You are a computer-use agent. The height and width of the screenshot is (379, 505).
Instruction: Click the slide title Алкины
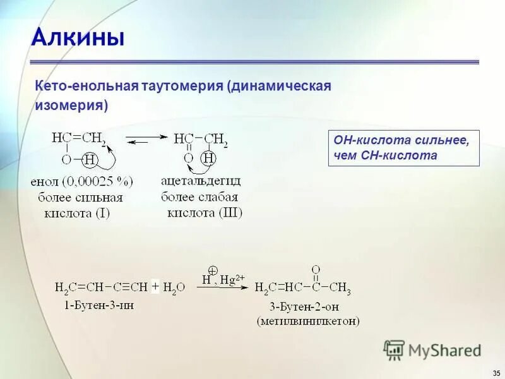[78, 39]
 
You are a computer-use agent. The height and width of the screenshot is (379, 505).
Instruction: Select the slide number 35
[494, 371]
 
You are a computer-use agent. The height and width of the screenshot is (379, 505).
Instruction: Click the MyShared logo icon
[394, 350]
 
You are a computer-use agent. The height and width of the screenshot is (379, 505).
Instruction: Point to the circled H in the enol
[90, 159]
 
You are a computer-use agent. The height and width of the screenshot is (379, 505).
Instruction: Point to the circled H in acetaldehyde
[210, 159]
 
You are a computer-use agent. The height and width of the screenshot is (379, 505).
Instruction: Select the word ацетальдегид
[201, 181]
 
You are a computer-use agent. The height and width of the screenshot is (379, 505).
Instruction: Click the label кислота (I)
[76, 213]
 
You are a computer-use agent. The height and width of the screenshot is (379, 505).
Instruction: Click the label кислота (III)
[201, 212]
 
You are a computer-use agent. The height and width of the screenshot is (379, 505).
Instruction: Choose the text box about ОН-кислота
[403, 148]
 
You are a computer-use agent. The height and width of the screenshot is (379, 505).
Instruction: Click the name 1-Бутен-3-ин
[98, 305]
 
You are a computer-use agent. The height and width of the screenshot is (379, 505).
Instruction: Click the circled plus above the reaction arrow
[213, 269]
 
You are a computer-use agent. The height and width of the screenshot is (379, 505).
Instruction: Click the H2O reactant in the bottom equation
[174, 287]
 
